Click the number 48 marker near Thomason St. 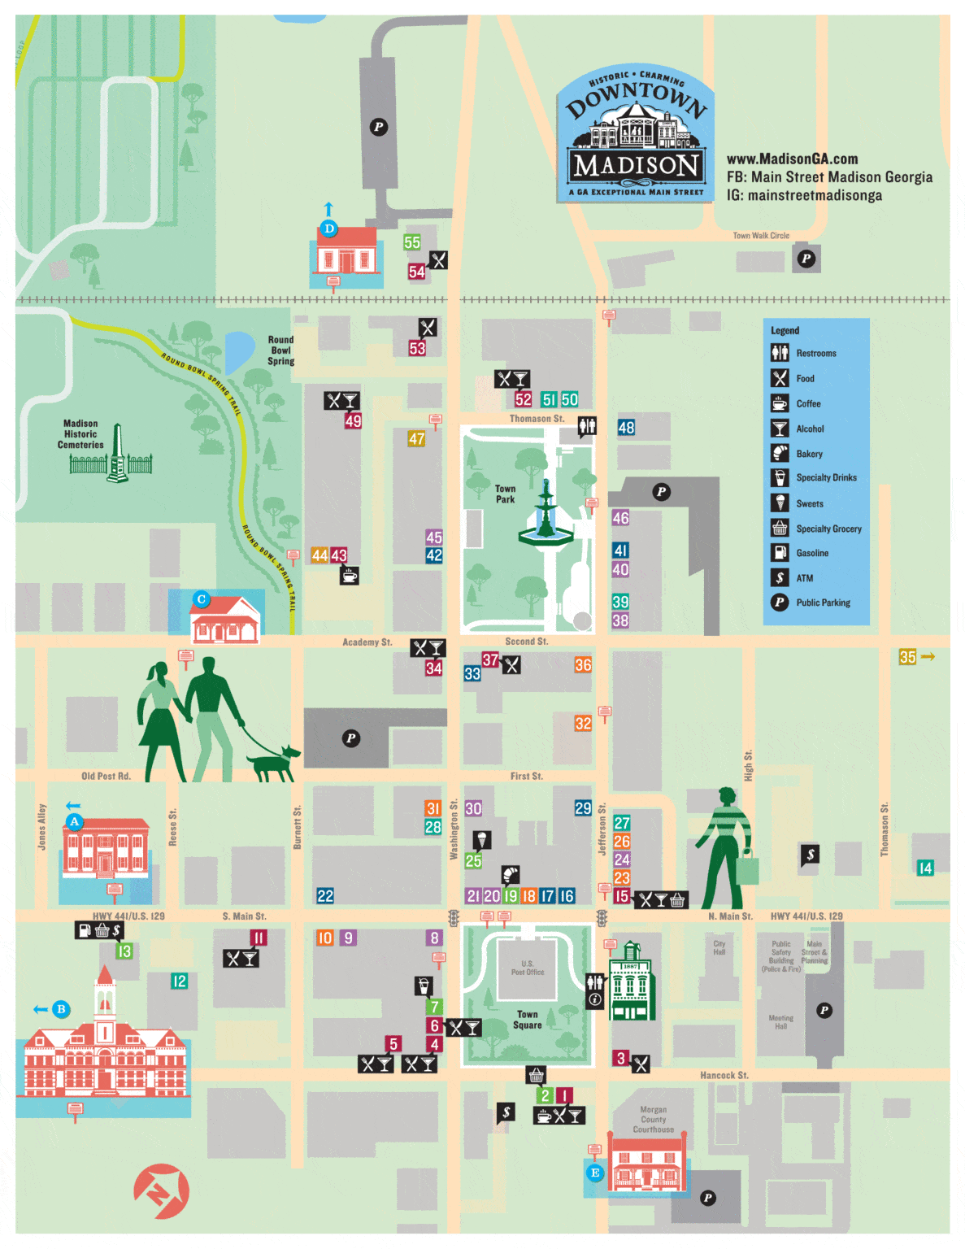(626, 428)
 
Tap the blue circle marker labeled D (328, 228)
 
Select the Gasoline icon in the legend (780, 553)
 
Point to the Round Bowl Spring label (280, 350)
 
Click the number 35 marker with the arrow (907, 657)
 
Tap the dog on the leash (273, 762)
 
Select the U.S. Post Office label (528, 968)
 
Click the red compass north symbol (161, 1192)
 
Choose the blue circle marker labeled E (595, 1173)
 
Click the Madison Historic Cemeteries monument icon (118, 455)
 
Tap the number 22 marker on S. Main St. (325, 896)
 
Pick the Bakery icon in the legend (780, 454)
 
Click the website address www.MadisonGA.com (792, 159)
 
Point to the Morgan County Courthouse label (653, 1120)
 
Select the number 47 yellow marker (416, 439)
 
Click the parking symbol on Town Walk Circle (806, 259)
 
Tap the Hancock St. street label (724, 1075)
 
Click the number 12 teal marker (180, 981)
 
